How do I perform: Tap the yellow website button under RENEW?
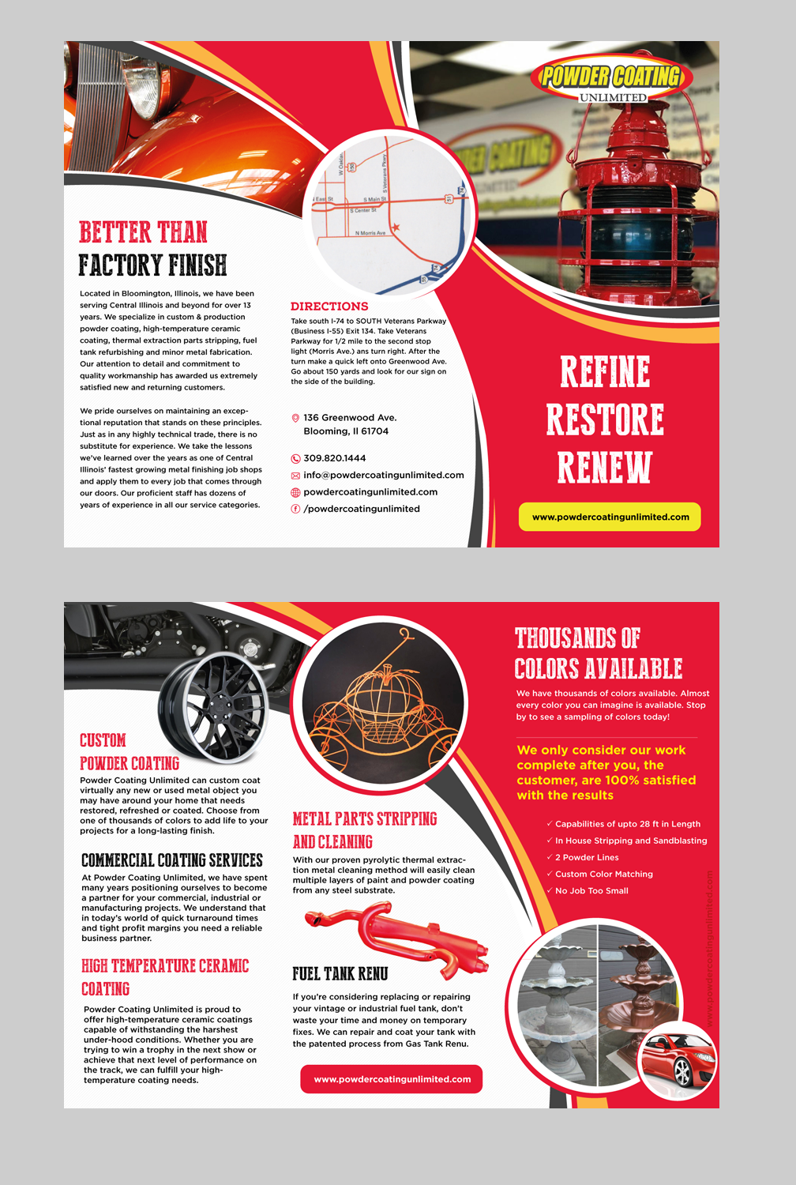pos(610,517)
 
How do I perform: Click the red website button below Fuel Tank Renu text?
pos(392,1079)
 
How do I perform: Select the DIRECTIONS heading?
pos(329,307)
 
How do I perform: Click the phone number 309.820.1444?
pos(335,458)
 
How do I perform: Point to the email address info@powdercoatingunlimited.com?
pos(384,475)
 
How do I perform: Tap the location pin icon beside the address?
pos(295,418)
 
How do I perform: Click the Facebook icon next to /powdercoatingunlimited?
pos(295,509)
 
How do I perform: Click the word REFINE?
pos(605,371)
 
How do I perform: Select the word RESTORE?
pos(605,419)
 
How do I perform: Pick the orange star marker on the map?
pos(396,228)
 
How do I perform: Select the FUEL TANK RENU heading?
pos(340,974)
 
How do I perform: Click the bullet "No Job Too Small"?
pos(591,891)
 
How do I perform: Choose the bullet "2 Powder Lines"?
pos(587,858)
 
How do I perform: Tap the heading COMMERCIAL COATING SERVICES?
pos(172,860)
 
